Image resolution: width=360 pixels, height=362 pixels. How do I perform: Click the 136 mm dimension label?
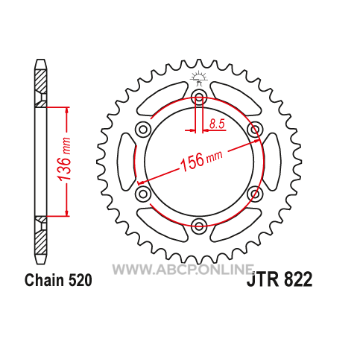[64, 159]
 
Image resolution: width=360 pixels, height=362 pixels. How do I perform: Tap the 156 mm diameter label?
[201, 160]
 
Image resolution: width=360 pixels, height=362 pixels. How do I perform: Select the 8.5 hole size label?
[217, 124]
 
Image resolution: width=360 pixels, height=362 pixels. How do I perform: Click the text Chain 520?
[58, 280]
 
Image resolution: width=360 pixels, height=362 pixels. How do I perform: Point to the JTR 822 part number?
[280, 279]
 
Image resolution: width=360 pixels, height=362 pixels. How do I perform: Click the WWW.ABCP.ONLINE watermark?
[183, 269]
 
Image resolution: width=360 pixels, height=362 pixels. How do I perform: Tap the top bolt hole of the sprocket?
[199, 98]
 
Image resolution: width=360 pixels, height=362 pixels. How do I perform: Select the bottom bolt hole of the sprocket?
[199, 226]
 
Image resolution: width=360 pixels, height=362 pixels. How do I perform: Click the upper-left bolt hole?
[143, 130]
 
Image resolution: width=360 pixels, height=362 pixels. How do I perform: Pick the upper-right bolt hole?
[255, 130]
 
